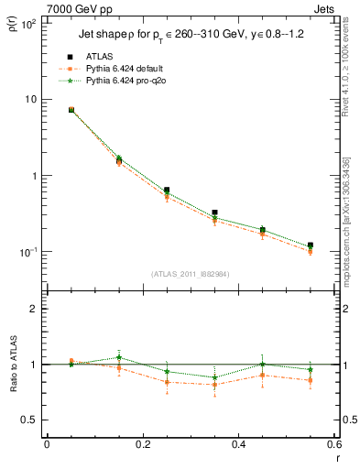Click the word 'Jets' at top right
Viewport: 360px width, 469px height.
click(325, 8)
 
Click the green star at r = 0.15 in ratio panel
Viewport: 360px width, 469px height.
click(119, 357)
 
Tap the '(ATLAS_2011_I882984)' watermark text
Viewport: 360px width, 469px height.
click(191, 275)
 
